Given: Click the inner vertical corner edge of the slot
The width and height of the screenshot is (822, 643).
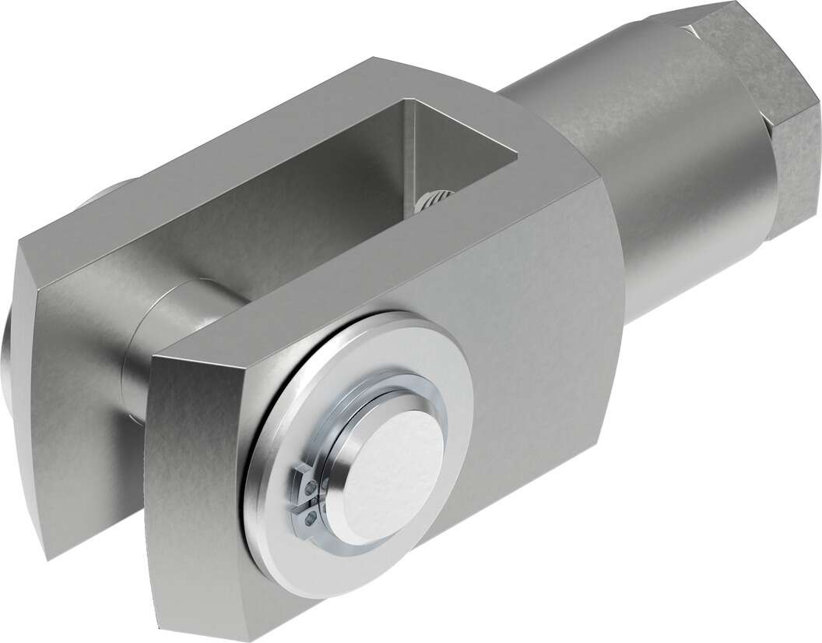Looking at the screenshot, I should click(413, 156).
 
